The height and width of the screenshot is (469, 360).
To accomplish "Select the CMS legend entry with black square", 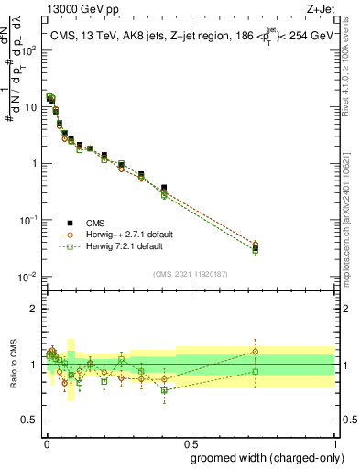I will (70, 223).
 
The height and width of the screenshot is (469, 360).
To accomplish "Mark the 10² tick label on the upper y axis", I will (29, 50).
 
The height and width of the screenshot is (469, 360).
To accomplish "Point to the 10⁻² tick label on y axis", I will (29, 277).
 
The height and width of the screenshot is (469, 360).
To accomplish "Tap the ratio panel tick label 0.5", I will (29, 420).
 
